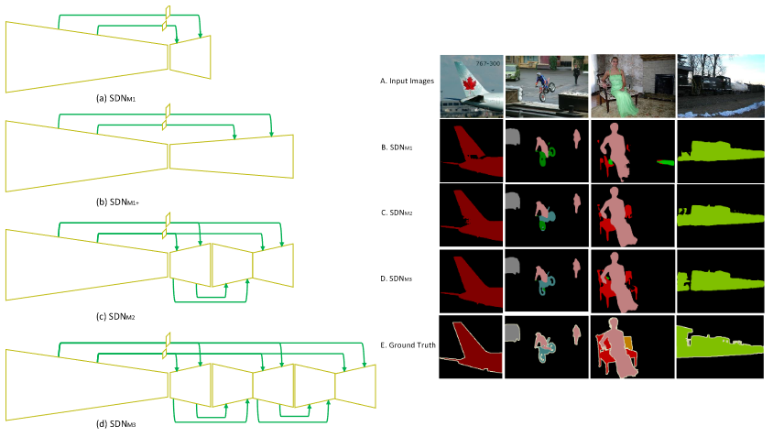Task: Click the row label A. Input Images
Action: pos(407,81)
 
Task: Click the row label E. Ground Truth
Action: pos(407,345)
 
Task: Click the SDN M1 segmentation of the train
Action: pos(719,150)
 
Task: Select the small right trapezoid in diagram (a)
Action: pos(190,57)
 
